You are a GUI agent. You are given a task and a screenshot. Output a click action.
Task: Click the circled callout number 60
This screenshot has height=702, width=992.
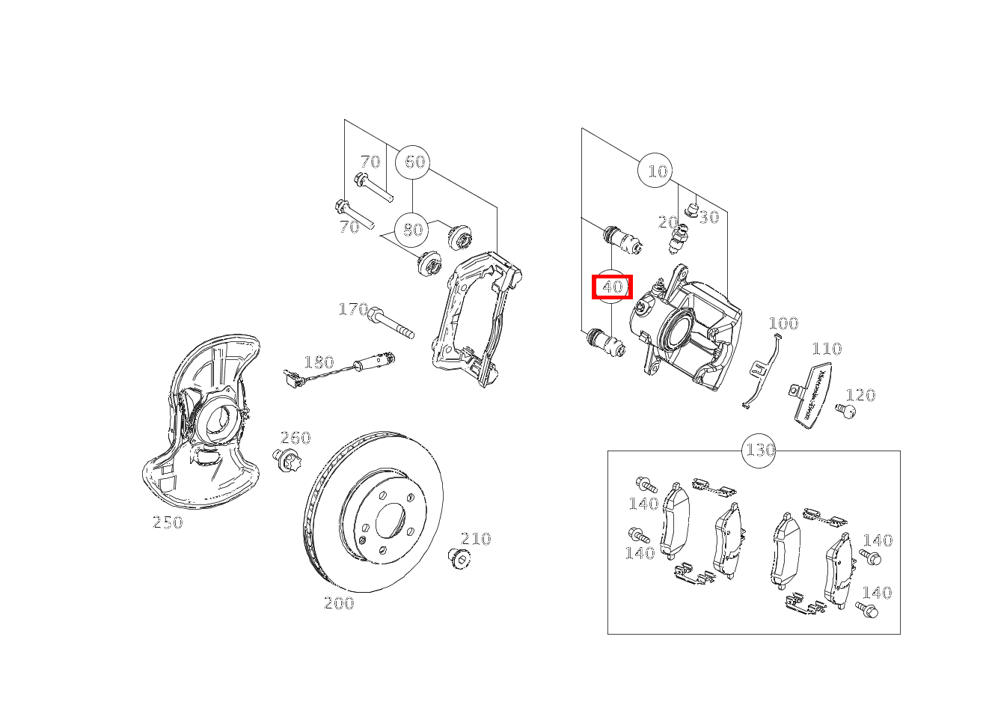pyautogui.click(x=413, y=162)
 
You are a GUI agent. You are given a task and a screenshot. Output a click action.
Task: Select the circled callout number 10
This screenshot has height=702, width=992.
pyautogui.click(x=655, y=171)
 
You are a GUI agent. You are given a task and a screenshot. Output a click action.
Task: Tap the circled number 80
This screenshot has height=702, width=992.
pyautogui.click(x=412, y=230)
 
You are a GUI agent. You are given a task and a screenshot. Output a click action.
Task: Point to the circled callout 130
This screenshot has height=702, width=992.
pyautogui.click(x=759, y=451)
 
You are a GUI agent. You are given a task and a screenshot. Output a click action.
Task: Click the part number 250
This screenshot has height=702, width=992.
pyautogui.click(x=168, y=522)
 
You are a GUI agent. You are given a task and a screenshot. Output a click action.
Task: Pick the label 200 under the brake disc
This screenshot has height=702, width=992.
pyautogui.click(x=339, y=603)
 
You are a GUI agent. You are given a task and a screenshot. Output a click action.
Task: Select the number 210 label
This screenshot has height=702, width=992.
pyautogui.click(x=476, y=539)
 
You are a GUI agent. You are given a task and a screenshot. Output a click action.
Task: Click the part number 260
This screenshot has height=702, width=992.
pyautogui.click(x=296, y=438)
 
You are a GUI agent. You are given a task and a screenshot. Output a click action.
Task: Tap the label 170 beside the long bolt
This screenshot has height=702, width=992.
pyautogui.click(x=353, y=309)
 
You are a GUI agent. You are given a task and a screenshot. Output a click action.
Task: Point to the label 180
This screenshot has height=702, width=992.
pyautogui.click(x=319, y=363)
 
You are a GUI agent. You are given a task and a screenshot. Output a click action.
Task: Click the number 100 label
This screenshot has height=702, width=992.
pyautogui.click(x=783, y=323)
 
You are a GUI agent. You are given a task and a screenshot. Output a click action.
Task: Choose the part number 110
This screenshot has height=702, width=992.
pyautogui.click(x=827, y=349)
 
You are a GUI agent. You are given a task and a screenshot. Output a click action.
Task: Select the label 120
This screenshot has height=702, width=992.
pyautogui.click(x=860, y=395)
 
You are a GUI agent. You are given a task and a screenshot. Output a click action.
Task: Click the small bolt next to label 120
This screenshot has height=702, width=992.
pyautogui.click(x=845, y=411)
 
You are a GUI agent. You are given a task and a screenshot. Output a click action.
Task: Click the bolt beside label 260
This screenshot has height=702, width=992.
pyautogui.click(x=286, y=460)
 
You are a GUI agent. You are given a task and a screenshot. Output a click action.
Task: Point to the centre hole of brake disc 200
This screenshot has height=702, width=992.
pyautogui.click(x=390, y=522)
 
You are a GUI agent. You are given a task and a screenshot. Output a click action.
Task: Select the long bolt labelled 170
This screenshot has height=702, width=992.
pyautogui.click(x=391, y=323)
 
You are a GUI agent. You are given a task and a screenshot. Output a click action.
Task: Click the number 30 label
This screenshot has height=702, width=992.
pyautogui.click(x=709, y=217)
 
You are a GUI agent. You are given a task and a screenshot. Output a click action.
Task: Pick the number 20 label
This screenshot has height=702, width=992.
pyautogui.click(x=668, y=222)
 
